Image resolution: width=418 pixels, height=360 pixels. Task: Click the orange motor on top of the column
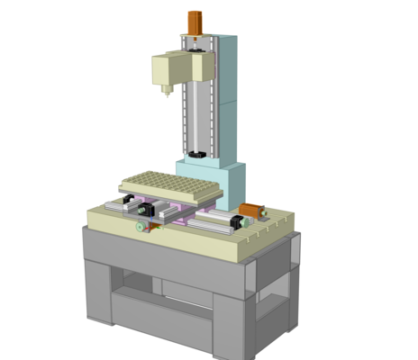click(195, 22)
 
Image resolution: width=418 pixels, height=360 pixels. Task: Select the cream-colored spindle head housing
click(171, 68)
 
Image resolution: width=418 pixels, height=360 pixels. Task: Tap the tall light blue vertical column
click(225, 99)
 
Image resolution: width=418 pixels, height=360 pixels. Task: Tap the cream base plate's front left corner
click(91, 217)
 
